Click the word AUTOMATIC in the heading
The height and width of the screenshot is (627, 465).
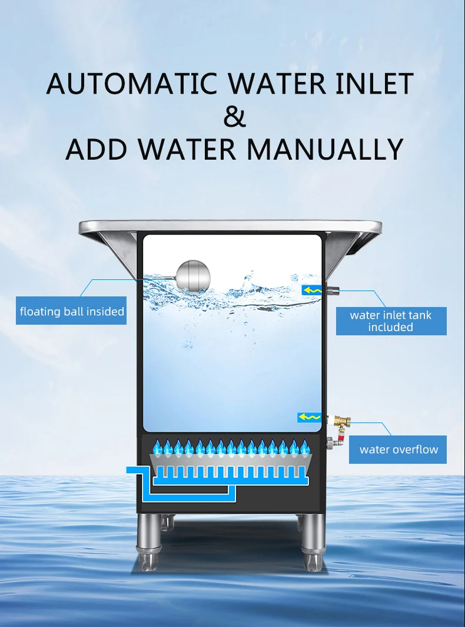tap(132, 84)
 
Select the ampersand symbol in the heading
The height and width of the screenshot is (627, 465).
tap(234, 116)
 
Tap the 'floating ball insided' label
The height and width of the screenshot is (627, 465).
tap(72, 311)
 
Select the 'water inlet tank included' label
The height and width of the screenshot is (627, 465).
tap(391, 321)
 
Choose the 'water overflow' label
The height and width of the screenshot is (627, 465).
tap(398, 450)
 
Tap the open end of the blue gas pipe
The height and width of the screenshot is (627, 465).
tap(131, 469)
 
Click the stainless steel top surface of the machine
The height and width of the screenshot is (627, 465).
tap(230, 226)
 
